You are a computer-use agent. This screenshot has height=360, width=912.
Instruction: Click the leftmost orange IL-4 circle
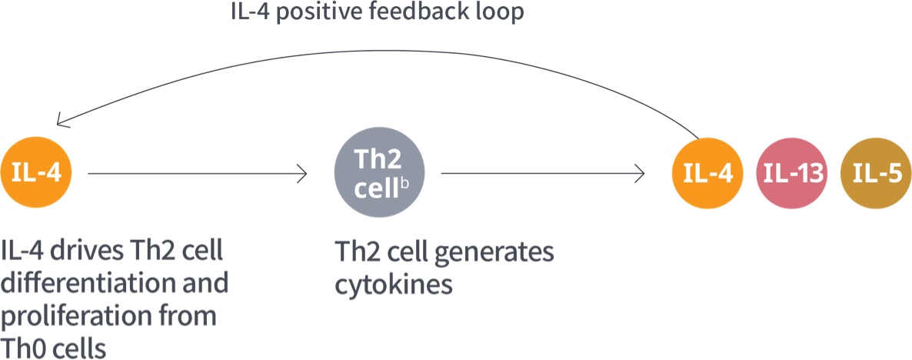[x=38, y=174]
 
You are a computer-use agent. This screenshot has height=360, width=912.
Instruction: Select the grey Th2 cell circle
[x=377, y=174]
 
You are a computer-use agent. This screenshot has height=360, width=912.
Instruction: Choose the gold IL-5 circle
[x=877, y=174]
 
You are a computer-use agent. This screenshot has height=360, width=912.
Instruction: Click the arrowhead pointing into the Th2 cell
[x=303, y=175]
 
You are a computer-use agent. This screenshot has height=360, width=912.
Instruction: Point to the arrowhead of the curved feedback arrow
[x=61, y=122]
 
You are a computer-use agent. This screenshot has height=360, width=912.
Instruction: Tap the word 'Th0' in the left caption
[x=24, y=347]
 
